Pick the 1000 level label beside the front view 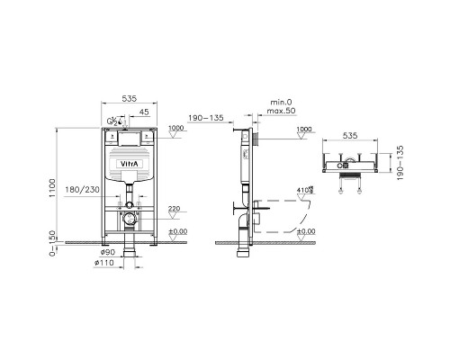coord(175,130)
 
